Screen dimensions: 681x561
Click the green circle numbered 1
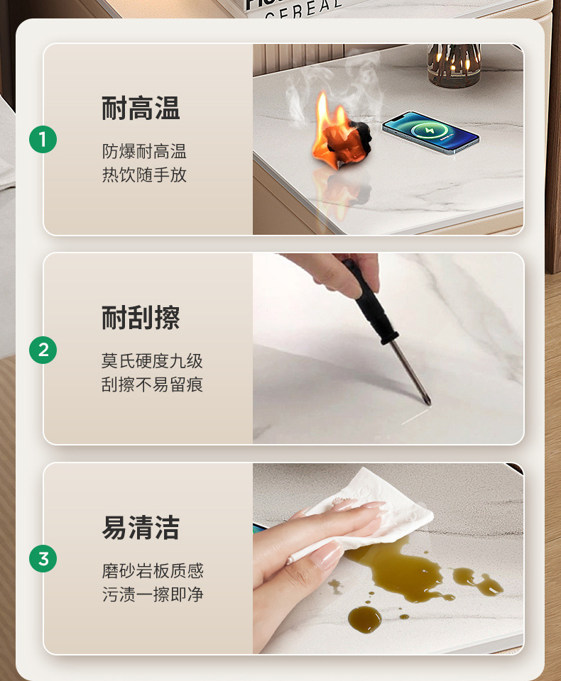coord(43,140)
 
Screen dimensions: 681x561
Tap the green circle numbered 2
coord(43,349)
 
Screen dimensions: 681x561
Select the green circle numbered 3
coord(43,558)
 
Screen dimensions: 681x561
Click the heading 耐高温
coord(141,109)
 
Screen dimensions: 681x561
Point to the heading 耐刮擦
coord(141,318)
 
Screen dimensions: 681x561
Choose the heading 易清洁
coord(141,528)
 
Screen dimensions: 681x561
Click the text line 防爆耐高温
coord(144,151)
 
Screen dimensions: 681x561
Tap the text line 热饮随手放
coord(144,175)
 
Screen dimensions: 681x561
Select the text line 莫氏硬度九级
coord(152,361)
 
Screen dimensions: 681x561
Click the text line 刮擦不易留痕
coord(152,385)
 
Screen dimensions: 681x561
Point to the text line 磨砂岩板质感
coord(152,571)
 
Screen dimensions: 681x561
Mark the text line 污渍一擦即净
coord(152,594)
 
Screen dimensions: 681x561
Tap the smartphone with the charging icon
coord(430,132)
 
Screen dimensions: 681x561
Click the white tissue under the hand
coord(383,511)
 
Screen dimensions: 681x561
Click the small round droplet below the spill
coord(364,619)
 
